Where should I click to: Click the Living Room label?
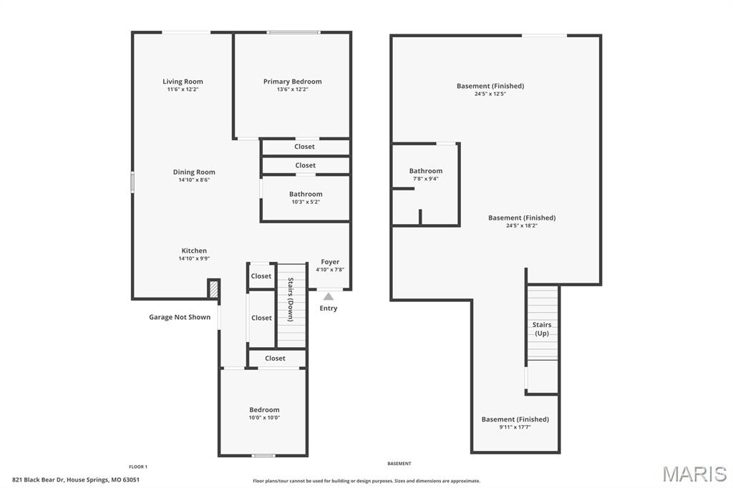tap(183, 82)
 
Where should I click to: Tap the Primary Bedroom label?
tap(292, 82)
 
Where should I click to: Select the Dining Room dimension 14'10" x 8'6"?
tap(194, 180)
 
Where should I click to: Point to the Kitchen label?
tap(194, 250)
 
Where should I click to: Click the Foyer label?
tap(330, 262)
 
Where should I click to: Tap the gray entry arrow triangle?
tap(328, 296)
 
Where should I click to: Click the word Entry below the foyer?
tap(328, 308)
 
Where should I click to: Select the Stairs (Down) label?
tap(291, 300)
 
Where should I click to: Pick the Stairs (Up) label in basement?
tap(542, 329)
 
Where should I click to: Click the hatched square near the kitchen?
tap(213, 288)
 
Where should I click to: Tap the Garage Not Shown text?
tap(180, 317)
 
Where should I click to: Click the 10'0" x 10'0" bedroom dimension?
tap(264, 418)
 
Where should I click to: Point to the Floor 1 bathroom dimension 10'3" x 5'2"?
tap(306, 202)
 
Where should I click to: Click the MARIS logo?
tap(694, 474)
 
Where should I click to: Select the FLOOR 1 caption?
tap(138, 467)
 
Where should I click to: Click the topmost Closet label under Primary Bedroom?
tap(304, 147)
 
